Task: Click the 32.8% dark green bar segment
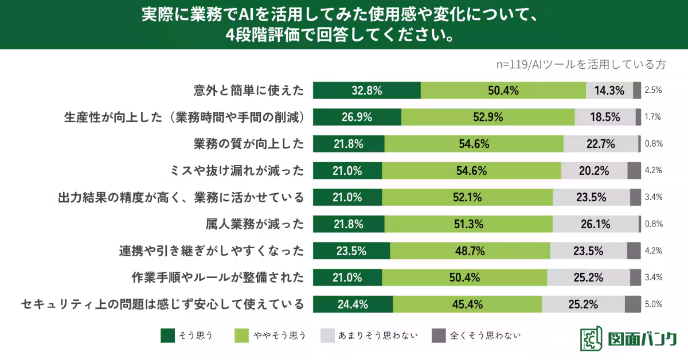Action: click(x=367, y=91)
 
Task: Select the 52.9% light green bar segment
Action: click(x=488, y=118)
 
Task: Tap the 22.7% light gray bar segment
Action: click(x=600, y=144)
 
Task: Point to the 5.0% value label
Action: click(x=654, y=304)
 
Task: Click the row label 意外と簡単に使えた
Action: click(x=248, y=91)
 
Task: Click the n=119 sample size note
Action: click(x=580, y=64)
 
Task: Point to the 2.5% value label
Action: click(x=654, y=91)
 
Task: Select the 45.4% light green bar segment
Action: click(x=467, y=304)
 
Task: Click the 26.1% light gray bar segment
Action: click(x=595, y=224)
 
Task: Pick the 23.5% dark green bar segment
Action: click(x=351, y=251)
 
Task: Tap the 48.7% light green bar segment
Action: click(x=470, y=251)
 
